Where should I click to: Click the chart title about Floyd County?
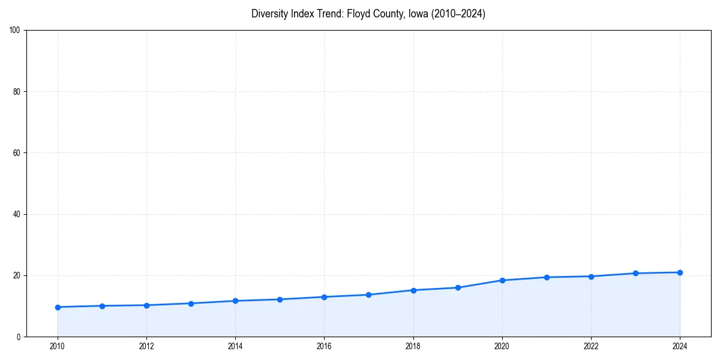(x=368, y=14)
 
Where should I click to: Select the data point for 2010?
(x=58, y=307)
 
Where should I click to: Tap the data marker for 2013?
(x=191, y=304)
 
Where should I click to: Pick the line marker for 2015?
(x=280, y=299)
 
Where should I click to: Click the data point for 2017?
(x=368, y=295)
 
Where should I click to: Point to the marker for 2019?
(x=458, y=287)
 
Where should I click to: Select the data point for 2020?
(x=502, y=280)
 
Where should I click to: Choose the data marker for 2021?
(x=547, y=277)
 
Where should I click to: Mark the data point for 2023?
(x=635, y=273)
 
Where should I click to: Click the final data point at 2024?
(x=680, y=272)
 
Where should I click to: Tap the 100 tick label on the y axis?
(x=16, y=30)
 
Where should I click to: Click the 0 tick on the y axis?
(x=19, y=337)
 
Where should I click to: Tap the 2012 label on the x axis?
(x=146, y=346)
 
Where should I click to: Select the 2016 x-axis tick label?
(x=324, y=346)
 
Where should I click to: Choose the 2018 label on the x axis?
(x=413, y=346)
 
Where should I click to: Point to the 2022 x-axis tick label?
(x=591, y=346)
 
